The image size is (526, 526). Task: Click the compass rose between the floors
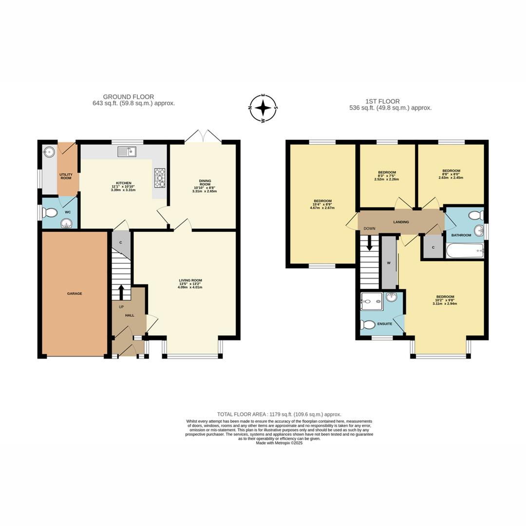pyautogui.click(x=263, y=108)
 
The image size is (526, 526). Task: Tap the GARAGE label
pyautogui.click(x=75, y=294)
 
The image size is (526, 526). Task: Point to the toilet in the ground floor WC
pyautogui.click(x=49, y=212)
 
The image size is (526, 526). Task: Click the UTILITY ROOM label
pyautogui.click(x=66, y=176)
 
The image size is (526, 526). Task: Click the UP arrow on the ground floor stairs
pyautogui.click(x=121, y=292)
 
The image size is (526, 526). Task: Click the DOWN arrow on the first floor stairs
pyautogui.click(x=369, y=243)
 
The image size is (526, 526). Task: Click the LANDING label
pyautogui.click(x=401, y=222)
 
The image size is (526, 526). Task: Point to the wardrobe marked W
pyautogui.click(x=389, y=263)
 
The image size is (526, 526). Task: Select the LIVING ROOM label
pyautogui.click(x=190, y=280)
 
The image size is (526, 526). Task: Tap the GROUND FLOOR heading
pyautogui.click(x=129, y=97)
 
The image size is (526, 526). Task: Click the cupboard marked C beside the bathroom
pyautogui.click(x=432, y=247)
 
